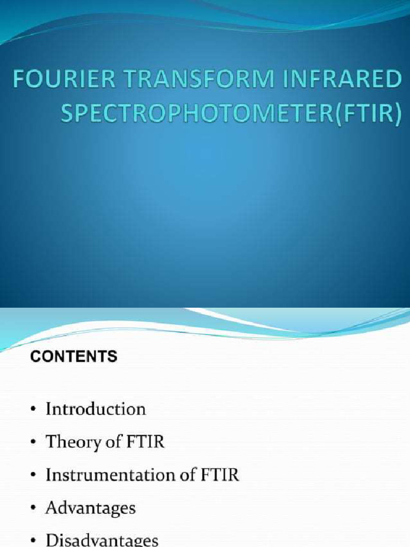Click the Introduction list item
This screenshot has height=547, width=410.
coord(96,409)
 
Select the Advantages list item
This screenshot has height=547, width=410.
coord(91,507)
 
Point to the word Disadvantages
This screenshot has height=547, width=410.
coord(102,540)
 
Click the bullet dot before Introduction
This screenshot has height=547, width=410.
coord(34,410)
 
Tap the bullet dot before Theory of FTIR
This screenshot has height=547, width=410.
coord(34,443)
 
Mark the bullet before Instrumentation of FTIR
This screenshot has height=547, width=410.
coord(34,475)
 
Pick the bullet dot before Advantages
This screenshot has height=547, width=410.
coord(34,508)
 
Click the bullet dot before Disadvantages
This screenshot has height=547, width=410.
coord(34,540)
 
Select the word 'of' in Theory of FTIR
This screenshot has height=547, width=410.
coord(116,442)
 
